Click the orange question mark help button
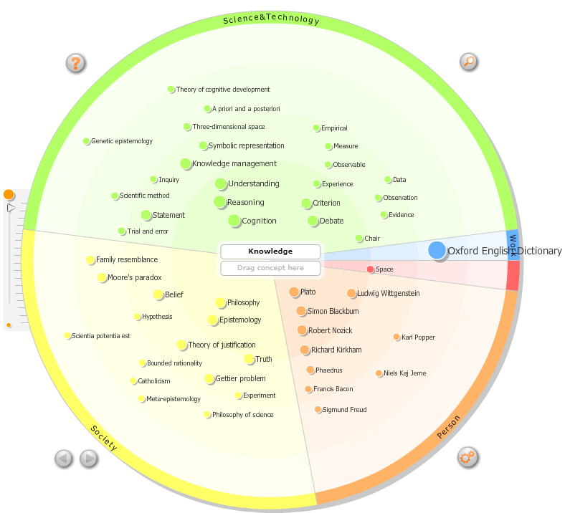tap(75, 63)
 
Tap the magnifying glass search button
tap(468, 62)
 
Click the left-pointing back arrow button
tap(64, 458)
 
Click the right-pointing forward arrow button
tap(88, 458)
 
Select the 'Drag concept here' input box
tap(271, 268)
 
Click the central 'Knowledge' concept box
tap(271, 251)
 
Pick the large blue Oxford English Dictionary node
tap(437, 250)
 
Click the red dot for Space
tap(371, 269)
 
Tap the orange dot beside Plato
tap(294, 292)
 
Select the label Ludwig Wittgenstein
tap(389, 293)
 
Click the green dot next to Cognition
tap(234, 221)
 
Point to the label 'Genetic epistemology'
tap(122, 141)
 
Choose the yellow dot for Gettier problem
tap(209, 378)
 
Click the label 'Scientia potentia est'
tap(101, 336)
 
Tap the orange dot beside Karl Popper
tap(396, 337)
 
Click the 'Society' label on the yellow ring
tap(104, 438)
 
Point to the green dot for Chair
tap(359, 239)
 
